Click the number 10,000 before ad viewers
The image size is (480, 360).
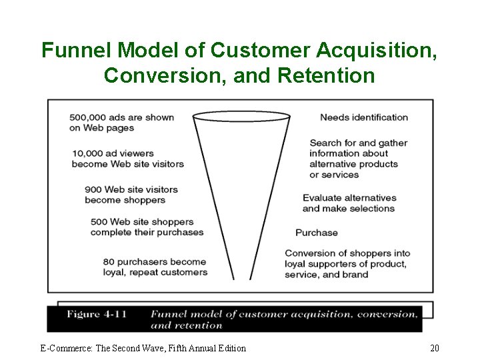click(87, 153)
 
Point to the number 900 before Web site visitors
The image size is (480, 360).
click(93, 189)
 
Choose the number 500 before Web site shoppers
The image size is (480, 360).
click(99, 222)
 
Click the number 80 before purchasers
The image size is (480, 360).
click(109, 261)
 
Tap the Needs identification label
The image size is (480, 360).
click(364, 117)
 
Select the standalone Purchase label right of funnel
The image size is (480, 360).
click(317, 233)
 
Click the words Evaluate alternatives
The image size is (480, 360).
click(349, 198)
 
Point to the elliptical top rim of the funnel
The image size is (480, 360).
click(241, 117)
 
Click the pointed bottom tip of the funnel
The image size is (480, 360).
click(234, 277)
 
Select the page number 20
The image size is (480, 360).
click(434, 348)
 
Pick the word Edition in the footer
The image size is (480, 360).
click(229, 348)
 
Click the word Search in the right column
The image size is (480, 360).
click(325, 143)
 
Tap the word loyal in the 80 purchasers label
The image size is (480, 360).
click(115, 272)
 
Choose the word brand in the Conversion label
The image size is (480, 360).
click(355, 275)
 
